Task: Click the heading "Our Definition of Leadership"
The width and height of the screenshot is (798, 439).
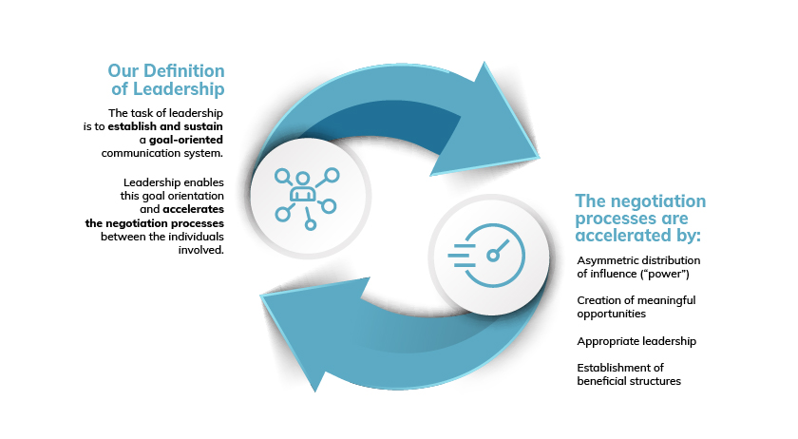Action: click(x=166, y=80)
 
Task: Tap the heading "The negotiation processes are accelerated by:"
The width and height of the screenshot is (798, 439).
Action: click(x=640, y=218)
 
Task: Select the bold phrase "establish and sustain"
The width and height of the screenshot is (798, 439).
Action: click(x=165, y=126)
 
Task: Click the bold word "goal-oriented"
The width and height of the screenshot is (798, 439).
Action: click(x=186, y=140)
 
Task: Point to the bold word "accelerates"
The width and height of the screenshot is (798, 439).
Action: click(x=194, y=209)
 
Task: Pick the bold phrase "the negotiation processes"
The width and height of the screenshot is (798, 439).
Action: click(x=155, y=223)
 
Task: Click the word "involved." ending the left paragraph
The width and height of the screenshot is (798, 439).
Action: click(x=201, y=250)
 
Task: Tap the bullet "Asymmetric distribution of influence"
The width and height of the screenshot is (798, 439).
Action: click(x=638, y=267)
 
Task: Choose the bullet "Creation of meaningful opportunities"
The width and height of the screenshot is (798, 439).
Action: click(x=636, y=307)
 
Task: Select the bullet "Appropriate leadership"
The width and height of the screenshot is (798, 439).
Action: click(x=636, y=341)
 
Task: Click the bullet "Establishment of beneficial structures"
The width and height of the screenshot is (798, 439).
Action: click(x=629, y=374)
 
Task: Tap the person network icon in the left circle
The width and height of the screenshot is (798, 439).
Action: click(x=307, y=198)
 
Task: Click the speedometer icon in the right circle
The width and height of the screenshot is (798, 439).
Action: click(x=486, y=256)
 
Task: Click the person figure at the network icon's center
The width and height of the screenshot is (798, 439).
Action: click(x=303, y=187)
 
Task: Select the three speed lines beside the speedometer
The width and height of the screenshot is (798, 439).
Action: click(x=461, y=256)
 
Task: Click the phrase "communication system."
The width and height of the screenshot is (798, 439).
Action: click(x=161, y=153)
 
